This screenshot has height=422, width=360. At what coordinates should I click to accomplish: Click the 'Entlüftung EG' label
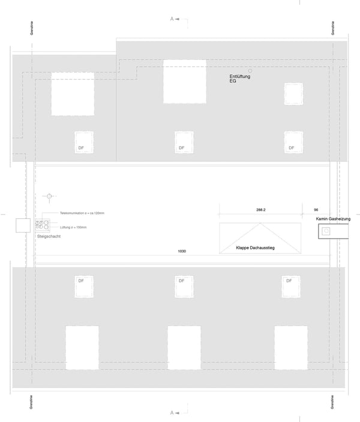(x=239, y=79)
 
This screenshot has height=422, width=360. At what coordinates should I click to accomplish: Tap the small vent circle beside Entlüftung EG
(x=250, y=71)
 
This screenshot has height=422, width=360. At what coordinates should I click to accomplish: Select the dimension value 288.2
(x=260, y=210)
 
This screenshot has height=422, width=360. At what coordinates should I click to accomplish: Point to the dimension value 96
(x=316, y=210)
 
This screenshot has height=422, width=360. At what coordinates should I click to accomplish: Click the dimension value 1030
(x=182, y=251)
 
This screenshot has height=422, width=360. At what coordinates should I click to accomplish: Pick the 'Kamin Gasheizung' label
(x=333, y=219)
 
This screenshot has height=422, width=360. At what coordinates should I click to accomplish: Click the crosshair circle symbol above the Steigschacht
(x=49, y=196)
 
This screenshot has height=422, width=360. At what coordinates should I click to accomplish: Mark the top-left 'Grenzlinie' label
(x=31, y=28)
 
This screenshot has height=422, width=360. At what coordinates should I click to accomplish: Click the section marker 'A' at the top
(x=172, y=19)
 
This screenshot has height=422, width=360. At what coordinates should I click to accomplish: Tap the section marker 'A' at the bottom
(x=172, y=412)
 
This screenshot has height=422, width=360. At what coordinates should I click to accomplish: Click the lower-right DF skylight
(x=291, y=287)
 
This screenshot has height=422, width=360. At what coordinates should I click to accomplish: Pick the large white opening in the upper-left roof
(x=73, y=94)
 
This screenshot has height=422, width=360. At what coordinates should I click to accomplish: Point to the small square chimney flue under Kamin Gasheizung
(x=326, y=231)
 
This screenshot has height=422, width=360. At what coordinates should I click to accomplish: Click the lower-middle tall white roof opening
(x=184, y=348)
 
